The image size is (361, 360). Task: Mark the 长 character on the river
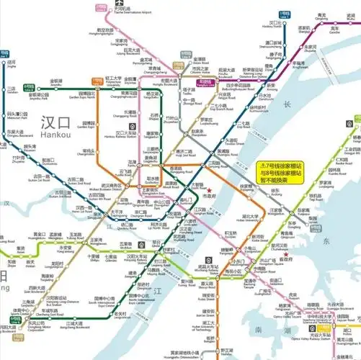click(286, 105)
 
